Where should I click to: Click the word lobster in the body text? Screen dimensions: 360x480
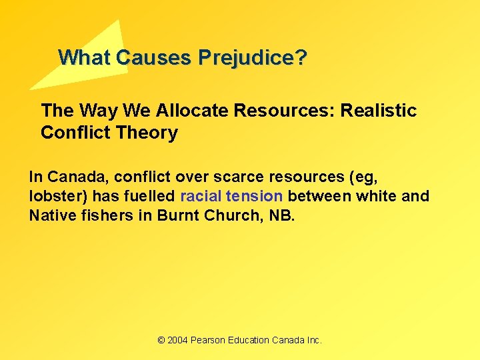coord(52,196)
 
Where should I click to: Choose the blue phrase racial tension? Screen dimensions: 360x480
coord(232,196)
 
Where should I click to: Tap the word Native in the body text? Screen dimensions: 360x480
coord(49,215)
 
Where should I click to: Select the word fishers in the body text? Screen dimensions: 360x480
coord(100,215)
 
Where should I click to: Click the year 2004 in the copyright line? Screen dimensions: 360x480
coord(177,340)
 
